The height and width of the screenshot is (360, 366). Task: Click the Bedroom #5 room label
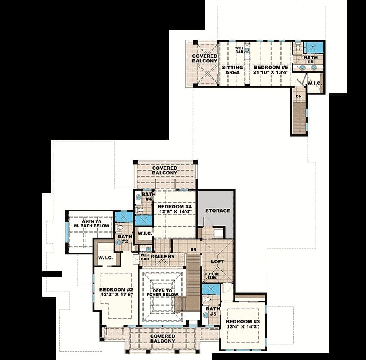271,68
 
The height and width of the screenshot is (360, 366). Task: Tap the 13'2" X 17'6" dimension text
117,295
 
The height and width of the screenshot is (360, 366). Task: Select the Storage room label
218,211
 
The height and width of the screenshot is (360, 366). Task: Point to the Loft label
218,261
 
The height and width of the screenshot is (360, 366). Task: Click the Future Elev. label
212,276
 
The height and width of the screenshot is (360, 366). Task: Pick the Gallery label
163,257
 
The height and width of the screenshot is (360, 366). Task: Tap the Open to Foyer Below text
162,293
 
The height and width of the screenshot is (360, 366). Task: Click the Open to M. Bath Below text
92,224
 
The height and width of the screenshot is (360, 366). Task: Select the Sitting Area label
233,70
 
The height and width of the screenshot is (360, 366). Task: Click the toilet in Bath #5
298,46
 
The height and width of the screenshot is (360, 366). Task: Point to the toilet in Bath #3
206,299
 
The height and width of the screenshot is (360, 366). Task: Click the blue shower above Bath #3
211,289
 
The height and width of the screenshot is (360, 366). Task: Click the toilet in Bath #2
120,227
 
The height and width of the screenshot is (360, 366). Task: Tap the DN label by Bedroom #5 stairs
299,96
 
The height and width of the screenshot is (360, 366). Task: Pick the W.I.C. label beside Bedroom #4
145,233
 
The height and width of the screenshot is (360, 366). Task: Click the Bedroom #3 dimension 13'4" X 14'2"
243,326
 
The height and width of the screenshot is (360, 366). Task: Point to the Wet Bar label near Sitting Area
239,50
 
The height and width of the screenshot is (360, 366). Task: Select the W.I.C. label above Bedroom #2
105,258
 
